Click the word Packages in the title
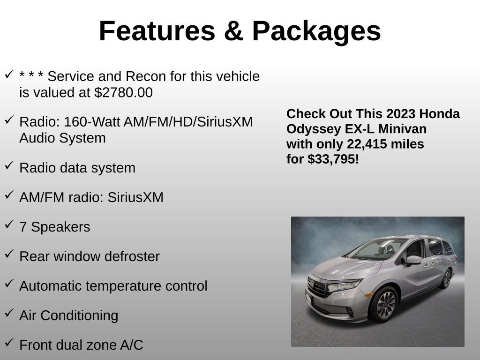coord(316,31)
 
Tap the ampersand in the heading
coord(233,31)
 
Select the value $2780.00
coord(123,93)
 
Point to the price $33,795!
coord(333,159)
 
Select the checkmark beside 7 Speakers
coord(9,225)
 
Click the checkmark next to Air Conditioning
coord(9,314)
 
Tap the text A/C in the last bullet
coord(131,345)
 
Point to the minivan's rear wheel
coord(445,279)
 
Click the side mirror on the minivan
coord(413,260)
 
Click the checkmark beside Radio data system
coord(9,166)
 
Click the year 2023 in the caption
coord(402,114)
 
